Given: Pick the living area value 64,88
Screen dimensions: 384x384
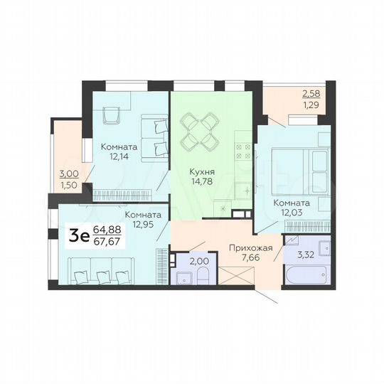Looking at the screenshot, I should click(x=107, y=229).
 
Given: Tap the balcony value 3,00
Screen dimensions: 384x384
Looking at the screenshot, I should click(x=68, y=174).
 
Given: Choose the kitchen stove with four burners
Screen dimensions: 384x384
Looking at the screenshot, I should click(x=242, y=151).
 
